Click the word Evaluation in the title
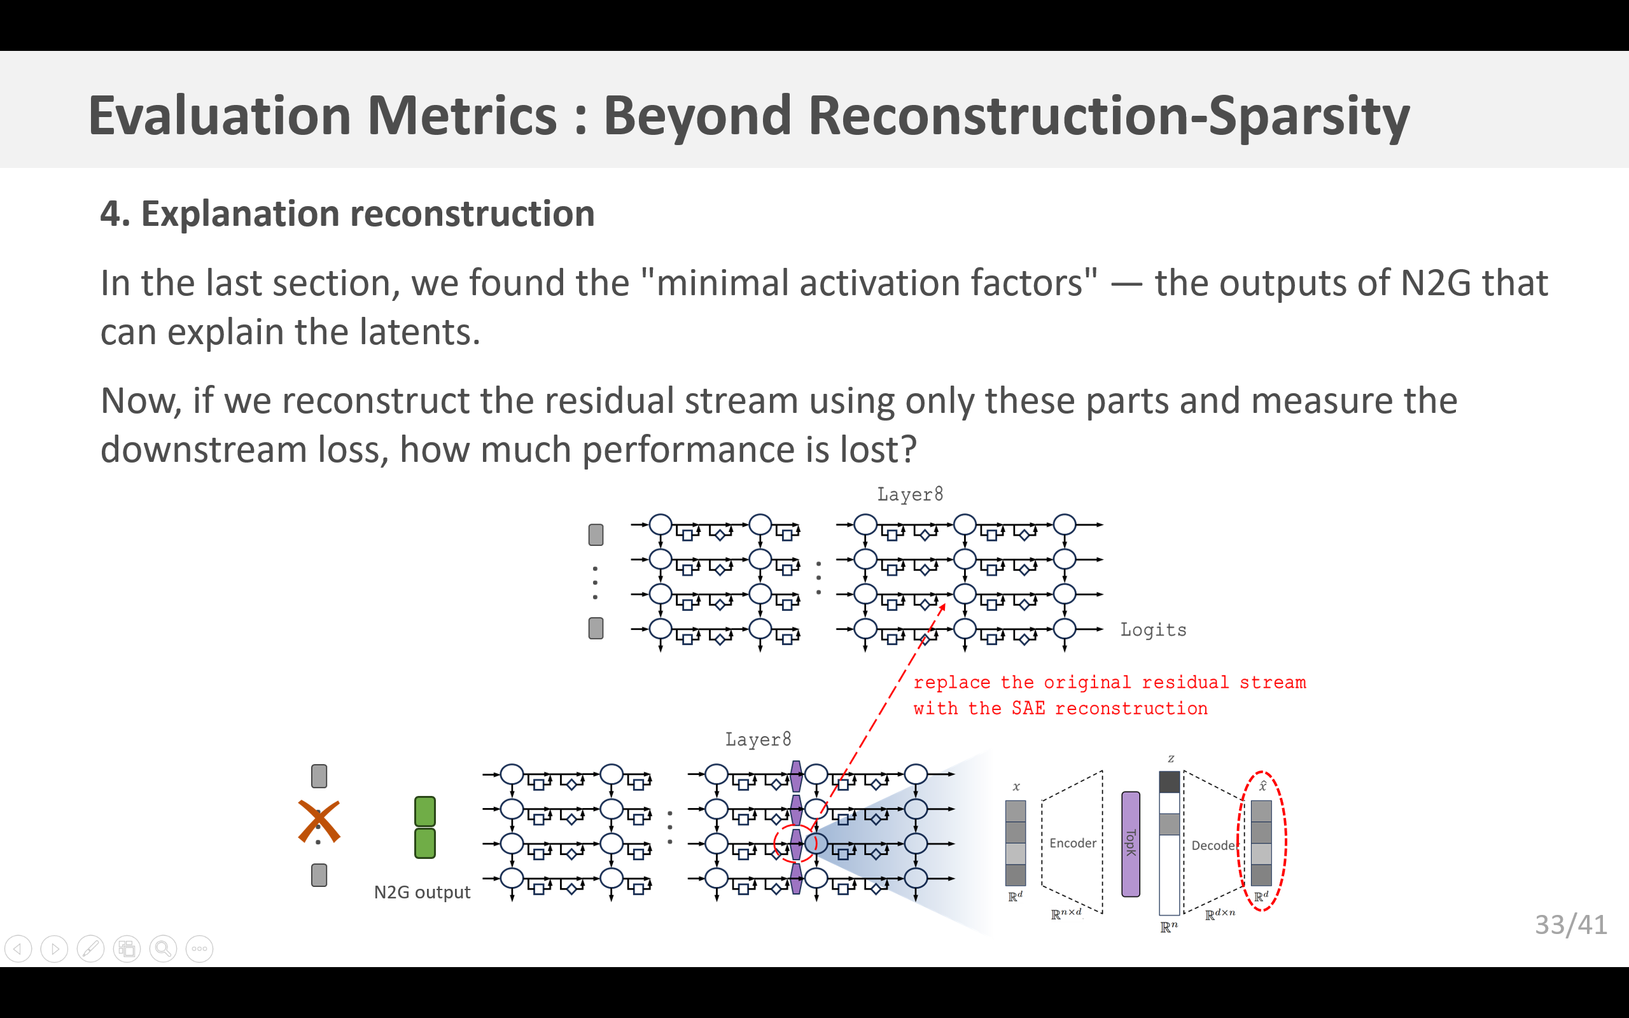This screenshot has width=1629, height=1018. pos(220,116)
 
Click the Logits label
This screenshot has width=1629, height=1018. pos(1152,630)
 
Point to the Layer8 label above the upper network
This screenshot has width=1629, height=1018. pos(909,494)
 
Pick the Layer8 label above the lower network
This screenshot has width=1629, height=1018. pos(758,739)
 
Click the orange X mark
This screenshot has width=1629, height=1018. pos(319,821)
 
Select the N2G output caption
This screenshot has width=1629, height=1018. pos(422,892)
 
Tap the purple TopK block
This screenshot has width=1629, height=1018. pos(1131,844)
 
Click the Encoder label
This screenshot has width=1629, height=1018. pos(1072,843)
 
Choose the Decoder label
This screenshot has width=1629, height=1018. pos(1213,846)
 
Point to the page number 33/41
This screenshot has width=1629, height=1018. pos(1570,925)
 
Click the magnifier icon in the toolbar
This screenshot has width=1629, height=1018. pos(163,949)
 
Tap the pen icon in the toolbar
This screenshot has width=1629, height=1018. pos(91,949)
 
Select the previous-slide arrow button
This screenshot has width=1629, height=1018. pos(18,949)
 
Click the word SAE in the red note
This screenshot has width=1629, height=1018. pos(1028,708)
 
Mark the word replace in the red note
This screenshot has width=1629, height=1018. pos(951,683)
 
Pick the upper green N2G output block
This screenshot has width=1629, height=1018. pos(425,811)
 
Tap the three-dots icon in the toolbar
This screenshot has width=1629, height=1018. pos(199,949)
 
